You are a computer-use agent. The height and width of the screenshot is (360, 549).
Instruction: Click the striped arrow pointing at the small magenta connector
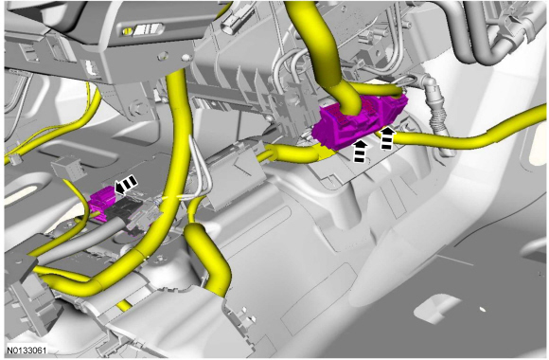(126, 185)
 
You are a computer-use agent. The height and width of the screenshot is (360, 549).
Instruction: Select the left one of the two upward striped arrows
(361, 152)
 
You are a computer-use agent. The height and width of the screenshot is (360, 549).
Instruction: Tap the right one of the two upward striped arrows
(387, 138)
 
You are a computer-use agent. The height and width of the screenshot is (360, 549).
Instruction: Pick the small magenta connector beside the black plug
(101, 203)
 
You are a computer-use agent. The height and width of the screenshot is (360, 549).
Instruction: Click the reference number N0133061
(27, 351)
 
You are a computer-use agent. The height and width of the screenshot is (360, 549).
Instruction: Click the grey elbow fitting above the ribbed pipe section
(430, 86)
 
